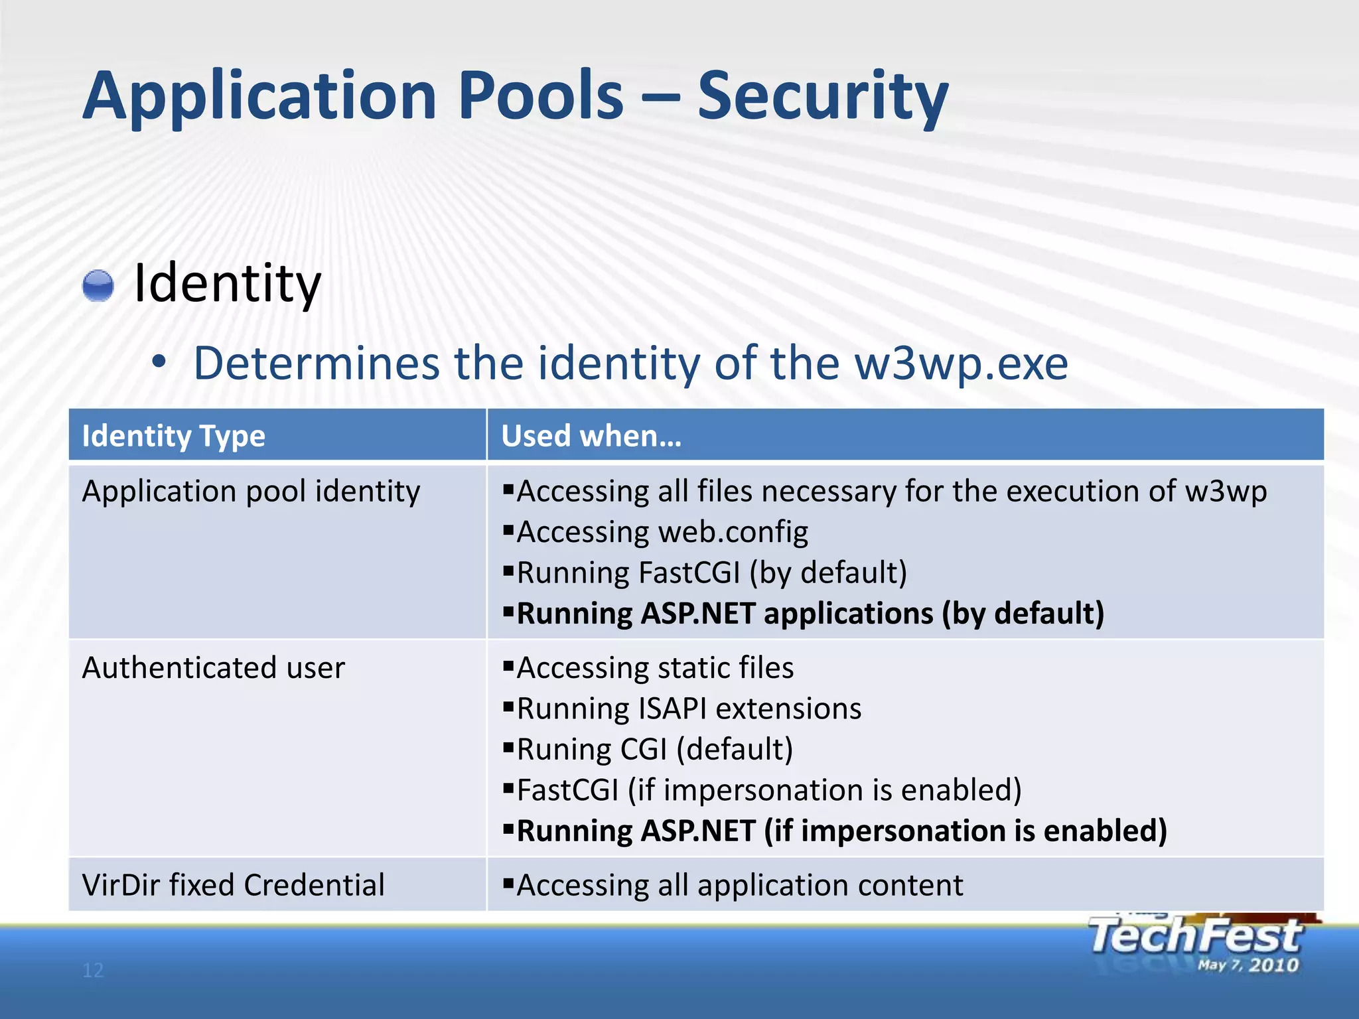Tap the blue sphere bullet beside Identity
98,286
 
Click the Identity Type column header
173,437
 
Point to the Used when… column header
591,437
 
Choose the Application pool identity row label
251,492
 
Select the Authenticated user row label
213,667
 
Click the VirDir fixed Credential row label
233,885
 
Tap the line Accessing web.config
662,532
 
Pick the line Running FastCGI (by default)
711,573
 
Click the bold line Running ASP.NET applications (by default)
810,613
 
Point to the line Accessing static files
654,667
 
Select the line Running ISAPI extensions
688,709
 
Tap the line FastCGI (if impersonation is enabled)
768,790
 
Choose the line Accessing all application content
739,885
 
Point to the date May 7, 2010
1248,965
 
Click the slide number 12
93,971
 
